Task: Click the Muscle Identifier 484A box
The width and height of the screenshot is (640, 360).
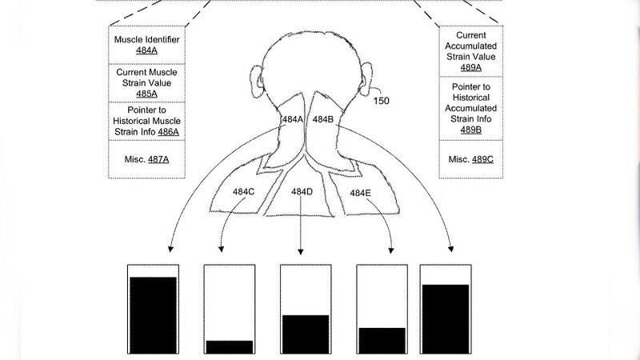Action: (146, 44)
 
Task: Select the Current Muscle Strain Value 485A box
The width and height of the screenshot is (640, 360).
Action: (146, 82)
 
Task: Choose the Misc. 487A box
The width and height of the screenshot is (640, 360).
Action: (146, 159)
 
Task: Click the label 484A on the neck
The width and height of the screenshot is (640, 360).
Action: (292, 119)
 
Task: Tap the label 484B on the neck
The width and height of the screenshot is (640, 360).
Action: (322, 119)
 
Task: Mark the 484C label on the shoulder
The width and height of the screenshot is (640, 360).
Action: (244, 192)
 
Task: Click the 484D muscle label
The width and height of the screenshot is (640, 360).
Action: (302, 192)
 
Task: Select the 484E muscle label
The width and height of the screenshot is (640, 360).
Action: (359, 192)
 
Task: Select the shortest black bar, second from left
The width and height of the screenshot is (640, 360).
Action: (229, 346)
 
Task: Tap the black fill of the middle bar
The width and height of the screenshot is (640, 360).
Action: (305, 334)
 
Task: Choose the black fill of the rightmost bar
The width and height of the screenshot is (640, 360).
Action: (444, 318)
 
